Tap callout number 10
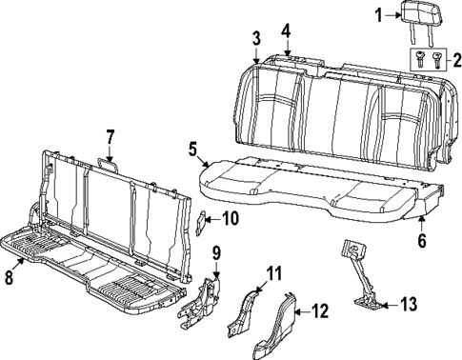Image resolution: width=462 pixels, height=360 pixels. (x=230, y=219)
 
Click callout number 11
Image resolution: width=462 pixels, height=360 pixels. (x=274, y=274)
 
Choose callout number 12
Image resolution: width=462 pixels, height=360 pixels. (x=320, y=310)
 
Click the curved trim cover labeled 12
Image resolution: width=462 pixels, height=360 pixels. (x=283, y=324)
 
